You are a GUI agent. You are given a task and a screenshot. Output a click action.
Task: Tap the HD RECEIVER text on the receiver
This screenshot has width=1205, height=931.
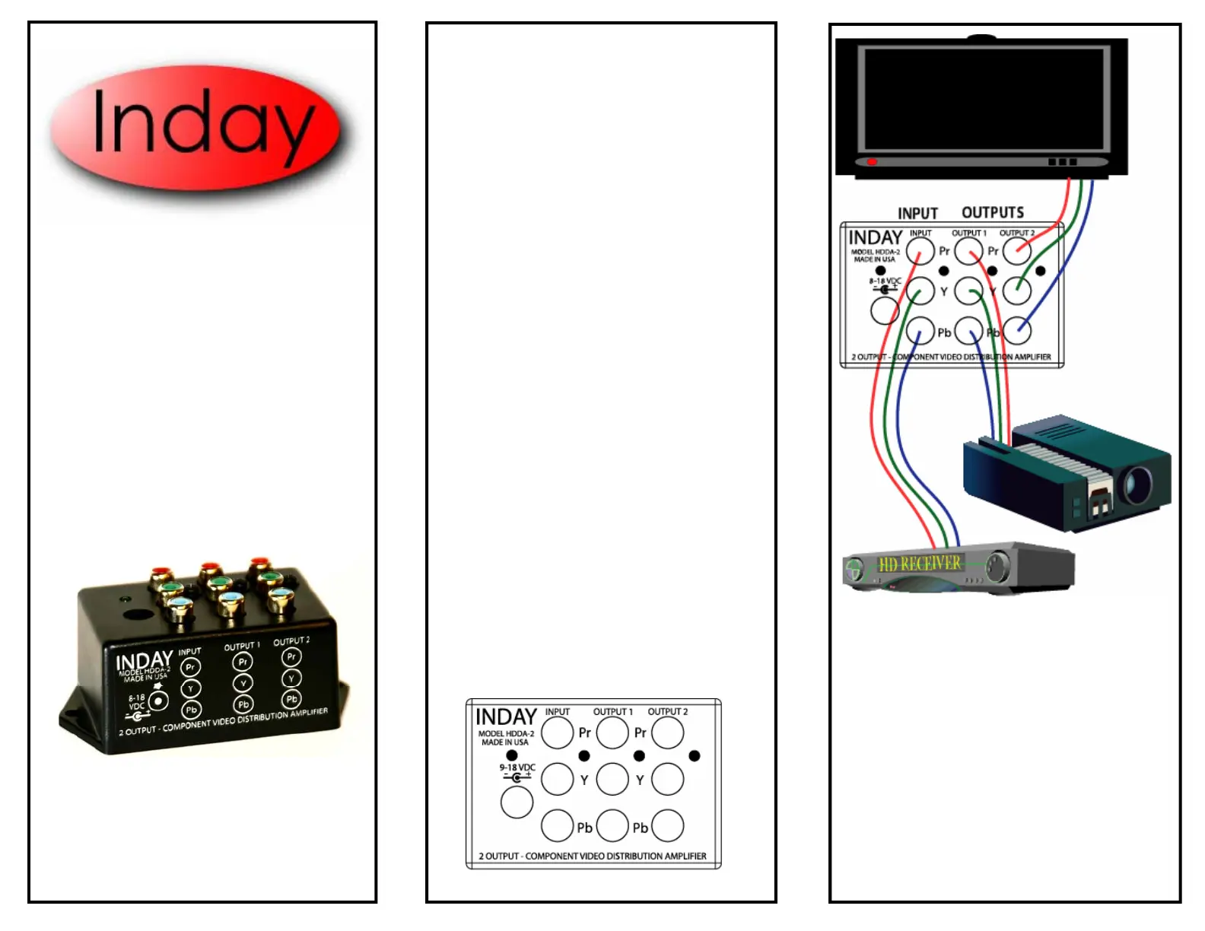coord(920,564)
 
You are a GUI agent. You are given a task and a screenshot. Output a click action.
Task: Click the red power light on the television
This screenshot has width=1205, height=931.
coord(872,162)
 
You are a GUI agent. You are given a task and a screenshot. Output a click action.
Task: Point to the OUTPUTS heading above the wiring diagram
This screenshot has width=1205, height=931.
coord(993,212)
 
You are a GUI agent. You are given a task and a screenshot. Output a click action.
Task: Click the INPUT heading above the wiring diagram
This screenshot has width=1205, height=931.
coord(917,213)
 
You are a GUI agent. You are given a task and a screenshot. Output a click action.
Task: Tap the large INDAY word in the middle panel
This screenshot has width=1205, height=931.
coord(506,717)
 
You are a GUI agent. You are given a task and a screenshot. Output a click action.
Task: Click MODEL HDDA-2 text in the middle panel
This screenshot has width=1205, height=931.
coord(506,733)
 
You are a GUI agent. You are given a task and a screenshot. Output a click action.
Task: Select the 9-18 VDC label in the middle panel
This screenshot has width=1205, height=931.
coord(517,767)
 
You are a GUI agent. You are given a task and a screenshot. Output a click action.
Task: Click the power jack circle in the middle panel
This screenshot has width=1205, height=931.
coord(517,802)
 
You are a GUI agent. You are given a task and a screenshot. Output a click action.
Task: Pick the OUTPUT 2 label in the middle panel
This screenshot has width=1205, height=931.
coord(667,712)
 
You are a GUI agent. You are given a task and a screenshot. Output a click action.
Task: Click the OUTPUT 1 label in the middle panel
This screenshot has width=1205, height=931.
coord(612,712)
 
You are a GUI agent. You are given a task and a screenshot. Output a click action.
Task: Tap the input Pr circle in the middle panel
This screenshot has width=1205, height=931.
coord(557,732)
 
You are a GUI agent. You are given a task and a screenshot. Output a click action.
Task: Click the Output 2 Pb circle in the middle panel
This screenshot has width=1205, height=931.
coord(667,825)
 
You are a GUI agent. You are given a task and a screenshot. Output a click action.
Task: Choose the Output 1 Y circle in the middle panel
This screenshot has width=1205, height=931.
coord(612,779)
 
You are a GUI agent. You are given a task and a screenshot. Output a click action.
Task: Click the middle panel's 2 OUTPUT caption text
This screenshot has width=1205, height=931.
coord(592,856)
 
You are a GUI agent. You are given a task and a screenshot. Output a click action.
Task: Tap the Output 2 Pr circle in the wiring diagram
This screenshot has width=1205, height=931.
coord(1017,251)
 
